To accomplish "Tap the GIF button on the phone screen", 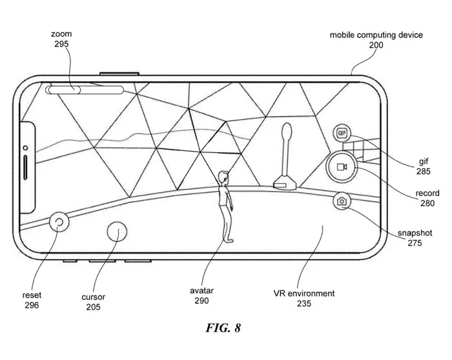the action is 342,133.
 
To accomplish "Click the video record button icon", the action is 342,167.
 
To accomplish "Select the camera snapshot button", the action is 342,201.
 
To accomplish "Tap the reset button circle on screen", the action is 59,222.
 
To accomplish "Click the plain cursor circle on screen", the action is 117,232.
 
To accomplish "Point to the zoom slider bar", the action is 85,90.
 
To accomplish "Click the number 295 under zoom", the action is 61,44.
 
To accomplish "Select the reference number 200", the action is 376,45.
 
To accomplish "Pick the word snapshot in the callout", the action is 415,233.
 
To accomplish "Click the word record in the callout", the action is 427,194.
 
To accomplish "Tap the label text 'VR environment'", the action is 304,294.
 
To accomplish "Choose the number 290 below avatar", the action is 201,301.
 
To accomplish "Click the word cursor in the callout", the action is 93,297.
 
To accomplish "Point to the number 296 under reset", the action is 32,305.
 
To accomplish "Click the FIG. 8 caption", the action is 223,328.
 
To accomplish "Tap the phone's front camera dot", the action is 25,148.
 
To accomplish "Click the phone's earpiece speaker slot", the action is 25,168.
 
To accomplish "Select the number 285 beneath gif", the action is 423,172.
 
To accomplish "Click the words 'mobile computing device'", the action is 376,35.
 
